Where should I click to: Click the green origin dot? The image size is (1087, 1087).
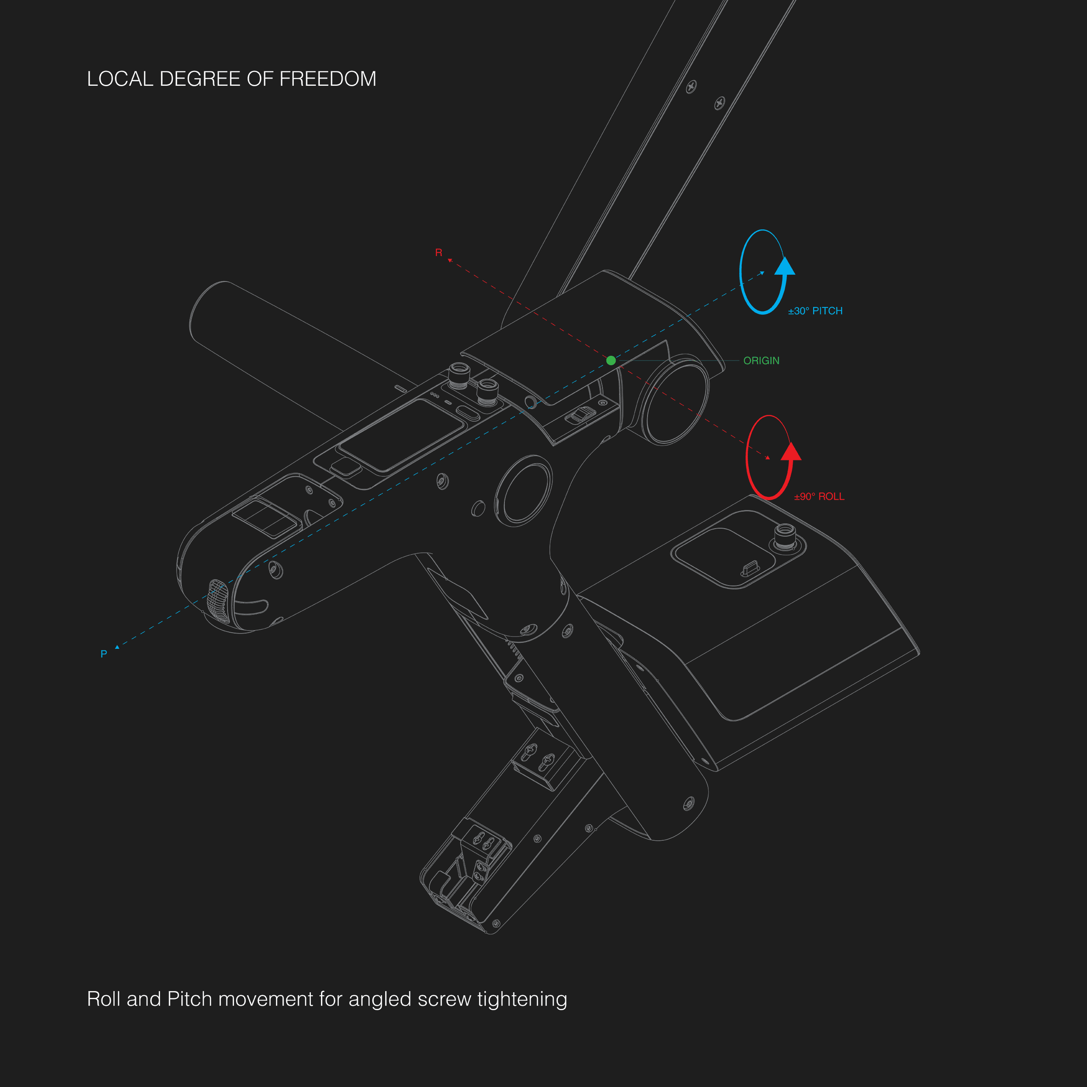[611, 360]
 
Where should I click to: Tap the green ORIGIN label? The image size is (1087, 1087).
[761, 360]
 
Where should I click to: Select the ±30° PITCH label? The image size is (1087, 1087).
[815, 311]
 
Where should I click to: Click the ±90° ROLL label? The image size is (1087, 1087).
[819, 497]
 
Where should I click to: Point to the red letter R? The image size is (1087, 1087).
[439, 253]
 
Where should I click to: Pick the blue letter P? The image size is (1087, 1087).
[104, 654]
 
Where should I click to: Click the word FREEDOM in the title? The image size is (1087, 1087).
[328, 79]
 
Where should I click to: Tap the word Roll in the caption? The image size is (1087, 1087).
[104, 999]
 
